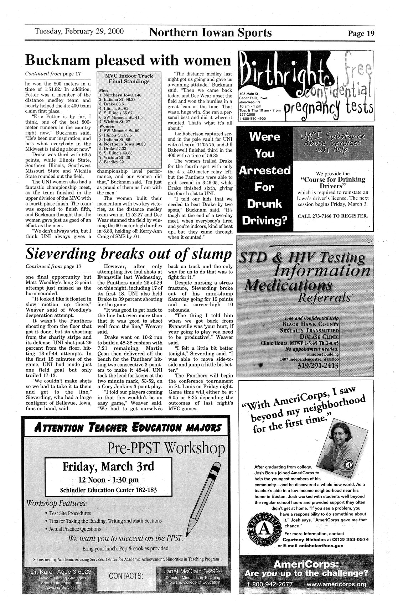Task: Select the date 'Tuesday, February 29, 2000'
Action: click(79, 31)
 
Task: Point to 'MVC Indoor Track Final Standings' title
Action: click(129, 78)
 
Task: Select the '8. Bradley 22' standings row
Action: click(112, 162)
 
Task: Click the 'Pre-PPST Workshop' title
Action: click(165, 447)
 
